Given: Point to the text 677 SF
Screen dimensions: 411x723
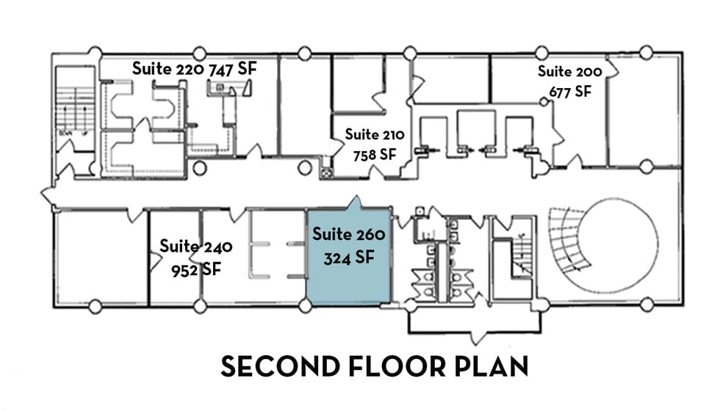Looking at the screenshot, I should point(569,92).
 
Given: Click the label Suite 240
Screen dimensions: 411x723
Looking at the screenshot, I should point(196,246).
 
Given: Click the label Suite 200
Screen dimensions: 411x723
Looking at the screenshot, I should point(569,72).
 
